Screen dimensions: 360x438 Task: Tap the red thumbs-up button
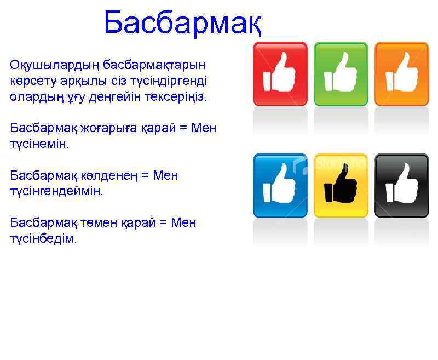(280, 73)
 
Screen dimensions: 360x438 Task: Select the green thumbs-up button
(341, 73)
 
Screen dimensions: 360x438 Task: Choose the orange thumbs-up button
(401, 73)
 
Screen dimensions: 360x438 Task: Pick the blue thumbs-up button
(280, 185)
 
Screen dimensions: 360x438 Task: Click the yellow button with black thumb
(341, 185)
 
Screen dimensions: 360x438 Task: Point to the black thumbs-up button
(401, 185)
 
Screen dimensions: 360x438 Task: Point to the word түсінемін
(40, 144)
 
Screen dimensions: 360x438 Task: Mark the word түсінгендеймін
(56, 192)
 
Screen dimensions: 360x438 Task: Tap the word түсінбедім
(44, 239)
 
